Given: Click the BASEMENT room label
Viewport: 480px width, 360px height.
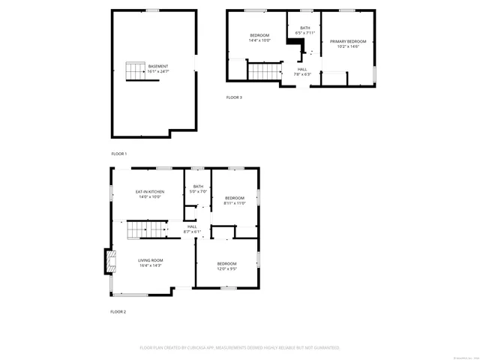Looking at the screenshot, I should point(158,65).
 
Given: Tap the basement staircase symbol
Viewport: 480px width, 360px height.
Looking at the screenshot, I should point(136,72).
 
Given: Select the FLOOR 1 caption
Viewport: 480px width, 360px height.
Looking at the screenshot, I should point(119,153).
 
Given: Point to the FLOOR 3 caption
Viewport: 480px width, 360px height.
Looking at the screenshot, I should point(235,97).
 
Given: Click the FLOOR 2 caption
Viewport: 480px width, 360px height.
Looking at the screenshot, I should point(118,311).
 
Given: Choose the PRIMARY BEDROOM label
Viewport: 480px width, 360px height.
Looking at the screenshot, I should point(348,41).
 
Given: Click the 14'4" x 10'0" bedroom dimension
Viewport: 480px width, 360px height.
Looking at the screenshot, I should point(259,41).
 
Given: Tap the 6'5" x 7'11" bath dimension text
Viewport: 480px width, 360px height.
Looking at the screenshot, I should point(305,33).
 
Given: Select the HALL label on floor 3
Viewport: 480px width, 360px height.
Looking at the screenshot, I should point(301,69).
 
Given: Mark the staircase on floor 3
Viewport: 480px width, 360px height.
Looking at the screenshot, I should point(263,72).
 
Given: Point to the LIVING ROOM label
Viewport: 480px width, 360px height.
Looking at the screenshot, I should point(149,260).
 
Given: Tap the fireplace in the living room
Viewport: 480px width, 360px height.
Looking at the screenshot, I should point(110,261).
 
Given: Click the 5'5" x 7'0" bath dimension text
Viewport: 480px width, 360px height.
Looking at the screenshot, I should point(198,191).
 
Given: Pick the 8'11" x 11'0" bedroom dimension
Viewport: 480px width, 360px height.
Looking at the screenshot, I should point(235,203).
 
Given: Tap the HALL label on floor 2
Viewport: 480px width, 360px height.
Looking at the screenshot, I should point(192,226).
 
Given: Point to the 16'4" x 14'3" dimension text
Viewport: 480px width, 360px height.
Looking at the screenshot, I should point(149,265).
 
